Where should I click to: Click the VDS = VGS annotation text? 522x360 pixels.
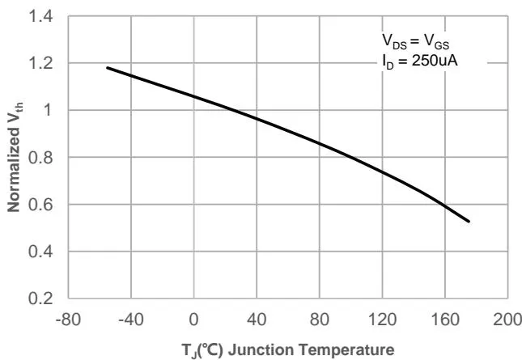(x=415, y=41)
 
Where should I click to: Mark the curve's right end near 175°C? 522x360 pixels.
(x=469, y=221)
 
